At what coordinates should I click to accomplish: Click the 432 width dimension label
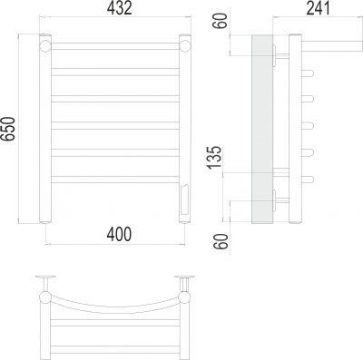(x=120, y=8)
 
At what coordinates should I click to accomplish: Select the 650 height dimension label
(x=7, y=129)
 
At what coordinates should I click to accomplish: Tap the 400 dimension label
(x=119, y=234)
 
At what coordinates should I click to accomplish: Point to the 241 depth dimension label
(x=319, y=8)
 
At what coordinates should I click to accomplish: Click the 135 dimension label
(x=214, y=158)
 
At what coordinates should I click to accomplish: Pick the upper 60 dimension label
(x=221, y=21)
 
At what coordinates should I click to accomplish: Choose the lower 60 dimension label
(x=221, y=241)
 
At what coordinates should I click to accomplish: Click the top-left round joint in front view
(x=45, y=45)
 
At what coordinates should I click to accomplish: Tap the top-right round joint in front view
(x=185, y=45)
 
